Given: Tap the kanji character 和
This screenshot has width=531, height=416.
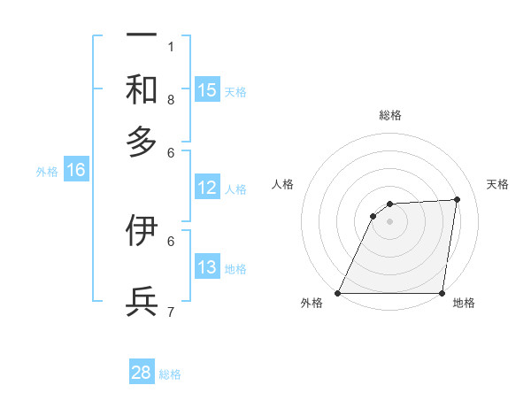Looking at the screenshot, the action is point(142,89).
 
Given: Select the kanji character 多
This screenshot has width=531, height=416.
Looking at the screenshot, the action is point(142,141).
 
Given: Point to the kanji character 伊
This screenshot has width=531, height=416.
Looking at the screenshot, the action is point(142,231).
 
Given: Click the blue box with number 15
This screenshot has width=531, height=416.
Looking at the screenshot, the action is point(207,90).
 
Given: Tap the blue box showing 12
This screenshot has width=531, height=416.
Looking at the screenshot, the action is point(207,188).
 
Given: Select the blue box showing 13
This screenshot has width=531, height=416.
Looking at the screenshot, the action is point(207,267).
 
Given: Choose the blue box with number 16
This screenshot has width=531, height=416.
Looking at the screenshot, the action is point(76,171).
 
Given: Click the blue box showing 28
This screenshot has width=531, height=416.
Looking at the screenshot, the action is point(142,373).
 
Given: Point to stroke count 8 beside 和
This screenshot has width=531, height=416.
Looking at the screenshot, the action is point(171,100).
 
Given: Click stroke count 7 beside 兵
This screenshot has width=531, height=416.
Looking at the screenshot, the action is point(171,312).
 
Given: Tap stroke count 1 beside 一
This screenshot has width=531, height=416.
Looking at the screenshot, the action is point(171,46).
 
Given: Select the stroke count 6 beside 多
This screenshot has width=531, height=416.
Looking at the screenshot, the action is point(171,152).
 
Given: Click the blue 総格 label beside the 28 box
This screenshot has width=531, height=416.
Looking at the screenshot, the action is point(170,374).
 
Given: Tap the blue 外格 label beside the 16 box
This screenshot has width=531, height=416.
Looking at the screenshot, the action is point(47,172).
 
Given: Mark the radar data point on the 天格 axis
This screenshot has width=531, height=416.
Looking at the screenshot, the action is point(458,199).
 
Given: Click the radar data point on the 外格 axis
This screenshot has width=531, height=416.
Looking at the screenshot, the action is point(338,293).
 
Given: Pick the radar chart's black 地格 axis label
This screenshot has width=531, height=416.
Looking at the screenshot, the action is point(464,304).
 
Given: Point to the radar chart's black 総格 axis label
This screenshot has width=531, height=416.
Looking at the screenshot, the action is point(390,115).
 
